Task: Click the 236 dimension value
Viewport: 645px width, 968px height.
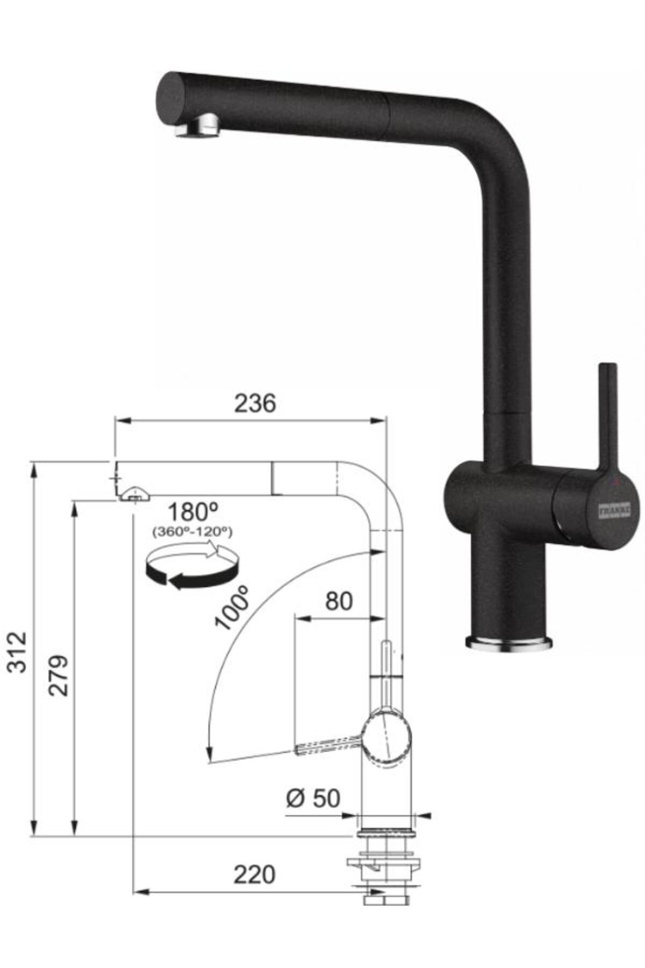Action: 255,403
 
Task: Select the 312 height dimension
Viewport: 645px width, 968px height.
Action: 18,652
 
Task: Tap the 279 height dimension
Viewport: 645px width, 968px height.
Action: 59,675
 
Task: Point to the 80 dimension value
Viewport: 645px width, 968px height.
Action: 339,601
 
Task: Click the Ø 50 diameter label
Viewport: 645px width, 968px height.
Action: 313,798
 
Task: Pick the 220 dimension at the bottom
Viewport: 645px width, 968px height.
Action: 254,875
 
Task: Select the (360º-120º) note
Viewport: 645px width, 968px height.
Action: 192,532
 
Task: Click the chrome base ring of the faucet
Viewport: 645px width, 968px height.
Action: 508,643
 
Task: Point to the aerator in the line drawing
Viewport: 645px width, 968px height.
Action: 134,494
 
